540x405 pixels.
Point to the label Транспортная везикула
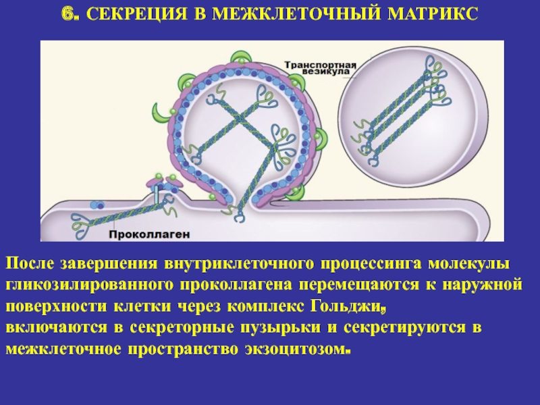click(320, 68)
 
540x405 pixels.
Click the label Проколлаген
click(149, 234)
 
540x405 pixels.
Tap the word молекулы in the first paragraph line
click(468, 264)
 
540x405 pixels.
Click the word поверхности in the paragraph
click(56, 306)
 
